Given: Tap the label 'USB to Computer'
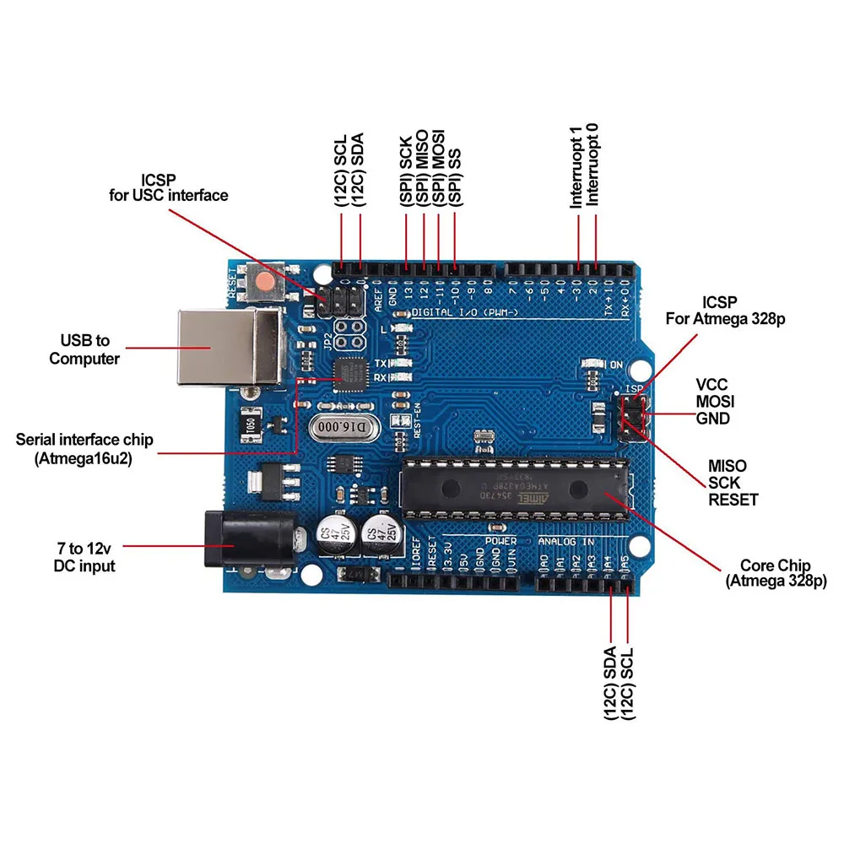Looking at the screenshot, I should click(x=84, y=349).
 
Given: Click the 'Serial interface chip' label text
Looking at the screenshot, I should click(x=85, y=440).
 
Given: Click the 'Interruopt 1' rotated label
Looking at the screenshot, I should click(x=576, y=167).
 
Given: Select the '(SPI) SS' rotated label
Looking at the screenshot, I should click(x=456, y=181).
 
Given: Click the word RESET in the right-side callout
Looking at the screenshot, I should click(x=733, y=500).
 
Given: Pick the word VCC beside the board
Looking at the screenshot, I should click(x=711, y=384).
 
